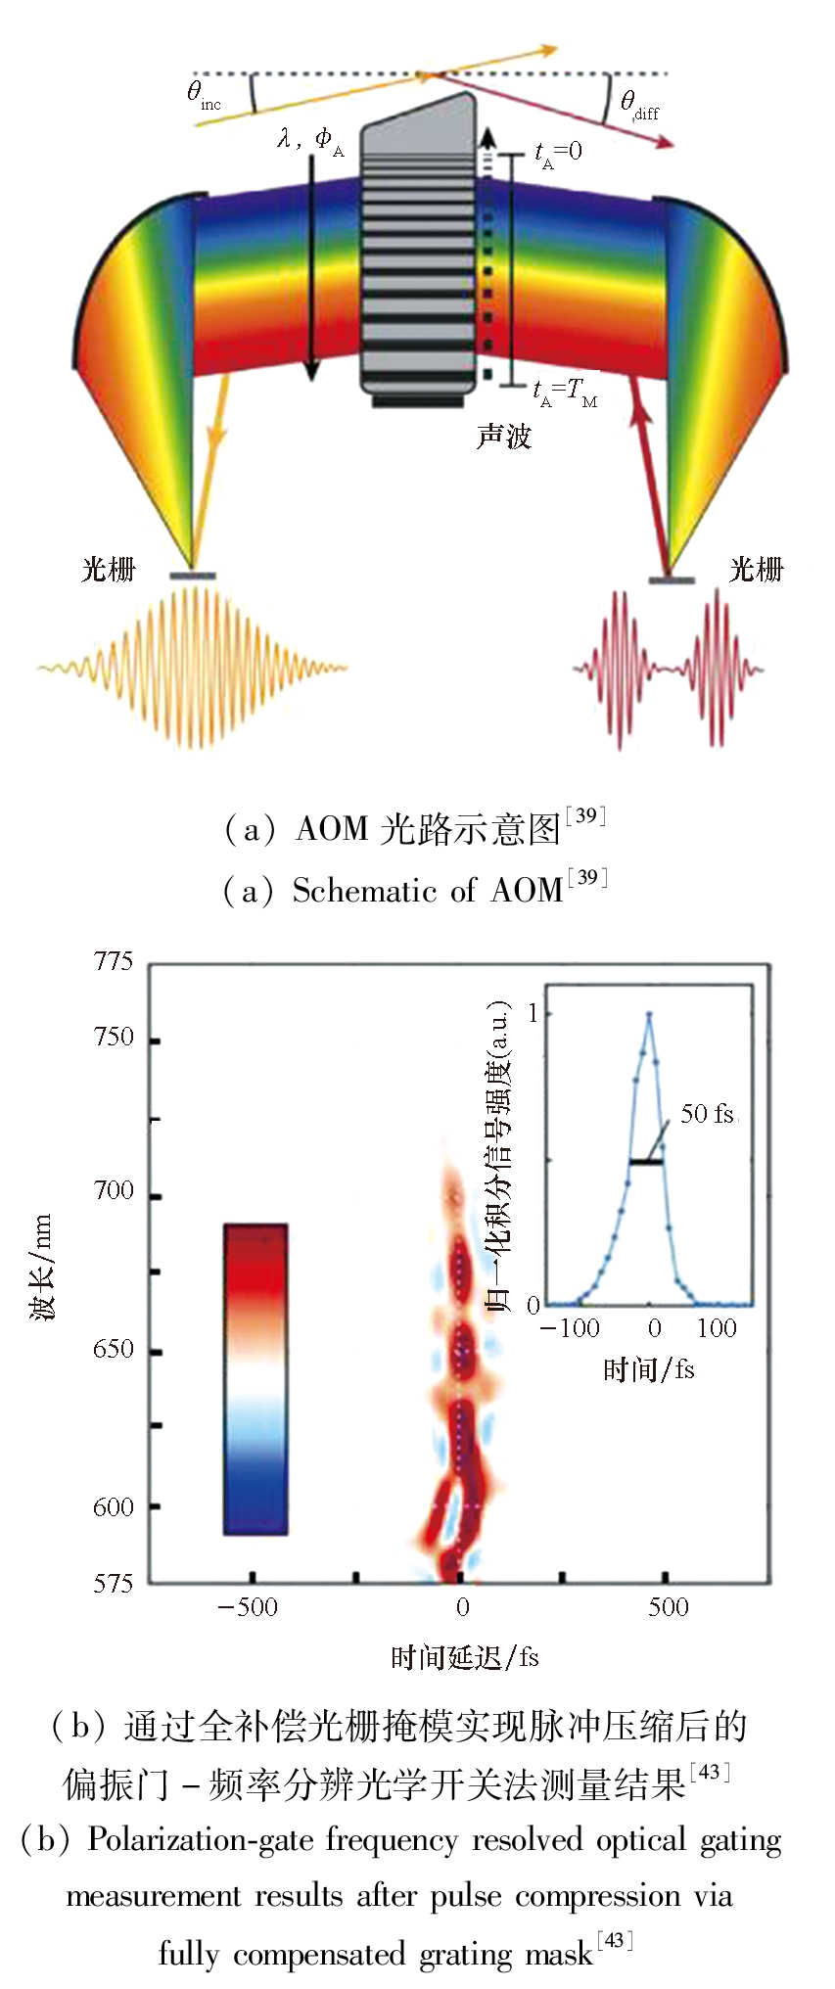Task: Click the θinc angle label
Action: point(203,95)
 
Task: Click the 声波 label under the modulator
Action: point(503,436)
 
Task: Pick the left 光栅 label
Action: point(108,569)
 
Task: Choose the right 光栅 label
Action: point(756,569)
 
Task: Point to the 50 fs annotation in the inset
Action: point(707,1114)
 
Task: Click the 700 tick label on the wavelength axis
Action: point(114,1191)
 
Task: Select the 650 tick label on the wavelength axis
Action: point(114,1349)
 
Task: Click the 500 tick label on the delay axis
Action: point(668,1607)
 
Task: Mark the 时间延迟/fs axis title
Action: point(464,1657)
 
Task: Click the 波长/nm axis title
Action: point(41,1268)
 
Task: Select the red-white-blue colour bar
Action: point(255,1378)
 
